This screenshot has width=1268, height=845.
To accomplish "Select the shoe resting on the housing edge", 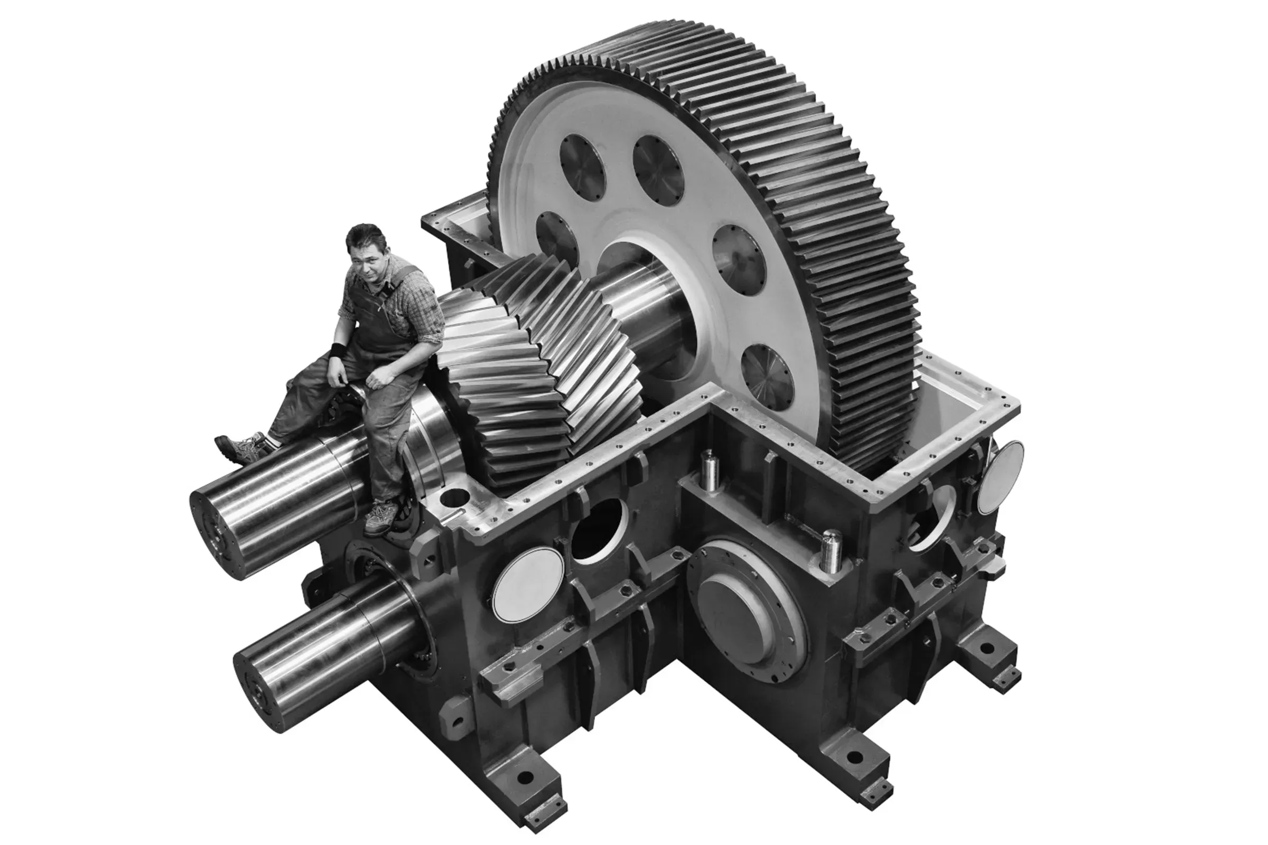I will click(x=381, y=517).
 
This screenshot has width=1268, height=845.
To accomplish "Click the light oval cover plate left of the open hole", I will click(x=528, y=584).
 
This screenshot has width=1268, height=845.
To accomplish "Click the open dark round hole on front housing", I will click(x=599, y=531).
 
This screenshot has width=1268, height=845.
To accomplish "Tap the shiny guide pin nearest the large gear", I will click(x=710, y=471).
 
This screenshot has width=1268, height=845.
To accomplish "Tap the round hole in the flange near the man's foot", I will click(x=454, y=497).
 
